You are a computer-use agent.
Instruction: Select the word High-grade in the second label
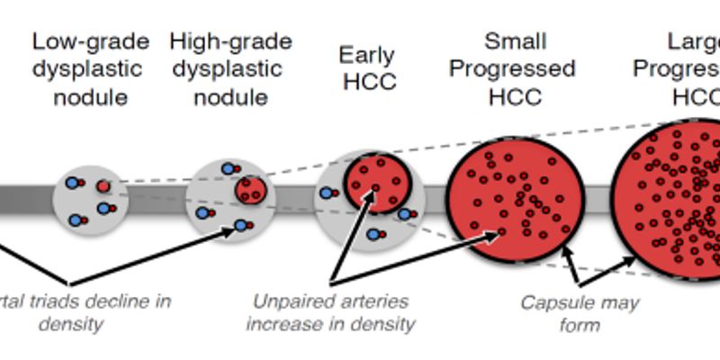click(x=230, y=41)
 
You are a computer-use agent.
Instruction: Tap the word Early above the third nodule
click(x=366, y=56)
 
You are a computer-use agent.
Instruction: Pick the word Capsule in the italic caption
click(x=554, y=301)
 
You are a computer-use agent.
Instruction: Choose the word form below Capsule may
click(x=580, y=325)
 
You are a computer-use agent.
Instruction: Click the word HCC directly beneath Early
click(x=368, y=83)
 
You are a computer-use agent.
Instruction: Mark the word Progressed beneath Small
click(x=513, y=69)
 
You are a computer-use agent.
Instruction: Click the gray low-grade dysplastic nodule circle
click(x=91, y=199)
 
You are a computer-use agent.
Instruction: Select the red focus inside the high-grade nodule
click(x=250, y=190)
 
